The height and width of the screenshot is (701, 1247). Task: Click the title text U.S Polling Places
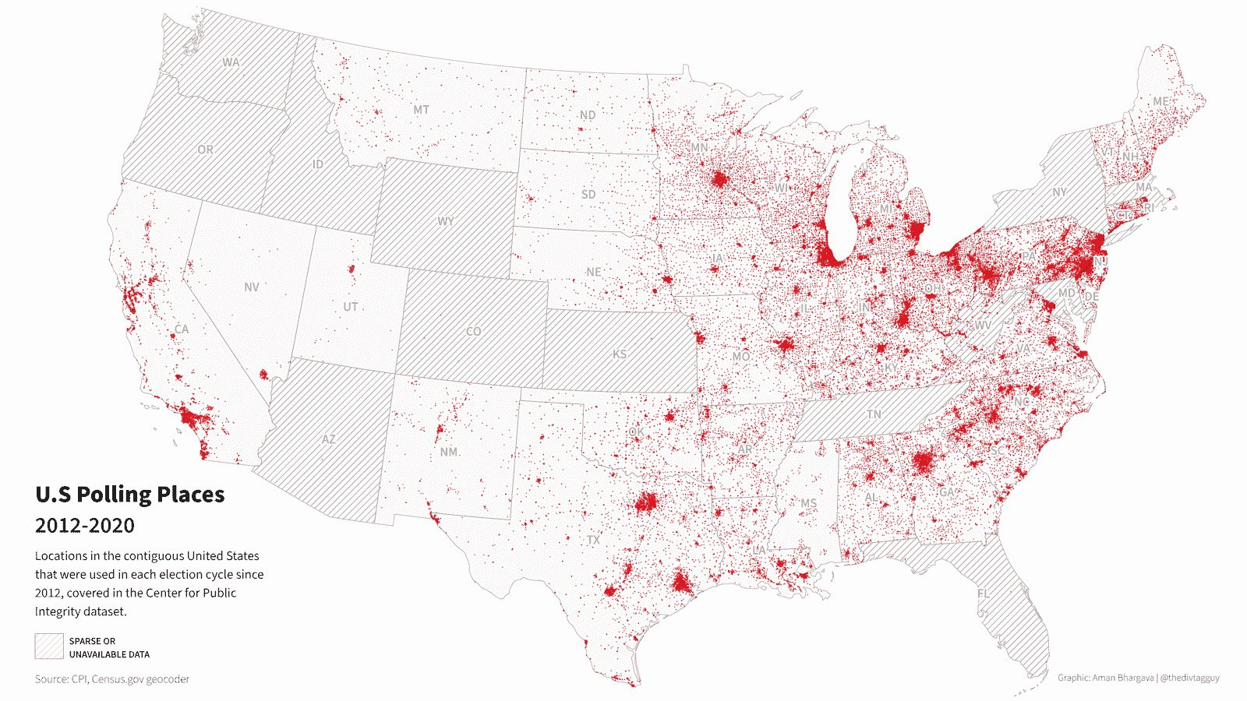click(129, 495)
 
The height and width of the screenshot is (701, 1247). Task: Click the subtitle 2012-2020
click(84, 526)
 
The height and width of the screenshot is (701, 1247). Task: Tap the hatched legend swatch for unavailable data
click(48, 646)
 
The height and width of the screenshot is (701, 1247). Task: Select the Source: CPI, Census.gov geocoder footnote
click(111, 679)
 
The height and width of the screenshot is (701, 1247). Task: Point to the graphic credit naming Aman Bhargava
click(1138, 678)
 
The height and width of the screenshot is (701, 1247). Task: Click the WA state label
click(231, 62)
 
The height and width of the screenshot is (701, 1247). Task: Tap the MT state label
click(421, 110)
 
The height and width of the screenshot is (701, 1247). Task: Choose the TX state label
click(594, 540)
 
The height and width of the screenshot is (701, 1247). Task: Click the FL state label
click(984, 594)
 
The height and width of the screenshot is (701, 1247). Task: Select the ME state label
click(1160, 101)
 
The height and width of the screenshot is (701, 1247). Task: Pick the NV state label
click(251, 287)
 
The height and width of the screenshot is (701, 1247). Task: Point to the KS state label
click(619, 354)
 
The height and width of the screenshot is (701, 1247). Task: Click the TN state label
click(874, 414)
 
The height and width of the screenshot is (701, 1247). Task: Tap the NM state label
click(449, 452)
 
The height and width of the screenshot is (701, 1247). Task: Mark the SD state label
click(588, 194)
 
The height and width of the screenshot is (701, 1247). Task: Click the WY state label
click(445, 221)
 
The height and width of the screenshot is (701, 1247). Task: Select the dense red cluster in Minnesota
click(719, 181)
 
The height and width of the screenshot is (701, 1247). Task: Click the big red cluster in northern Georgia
click(923, 462)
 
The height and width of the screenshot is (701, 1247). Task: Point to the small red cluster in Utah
click(351, 269)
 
